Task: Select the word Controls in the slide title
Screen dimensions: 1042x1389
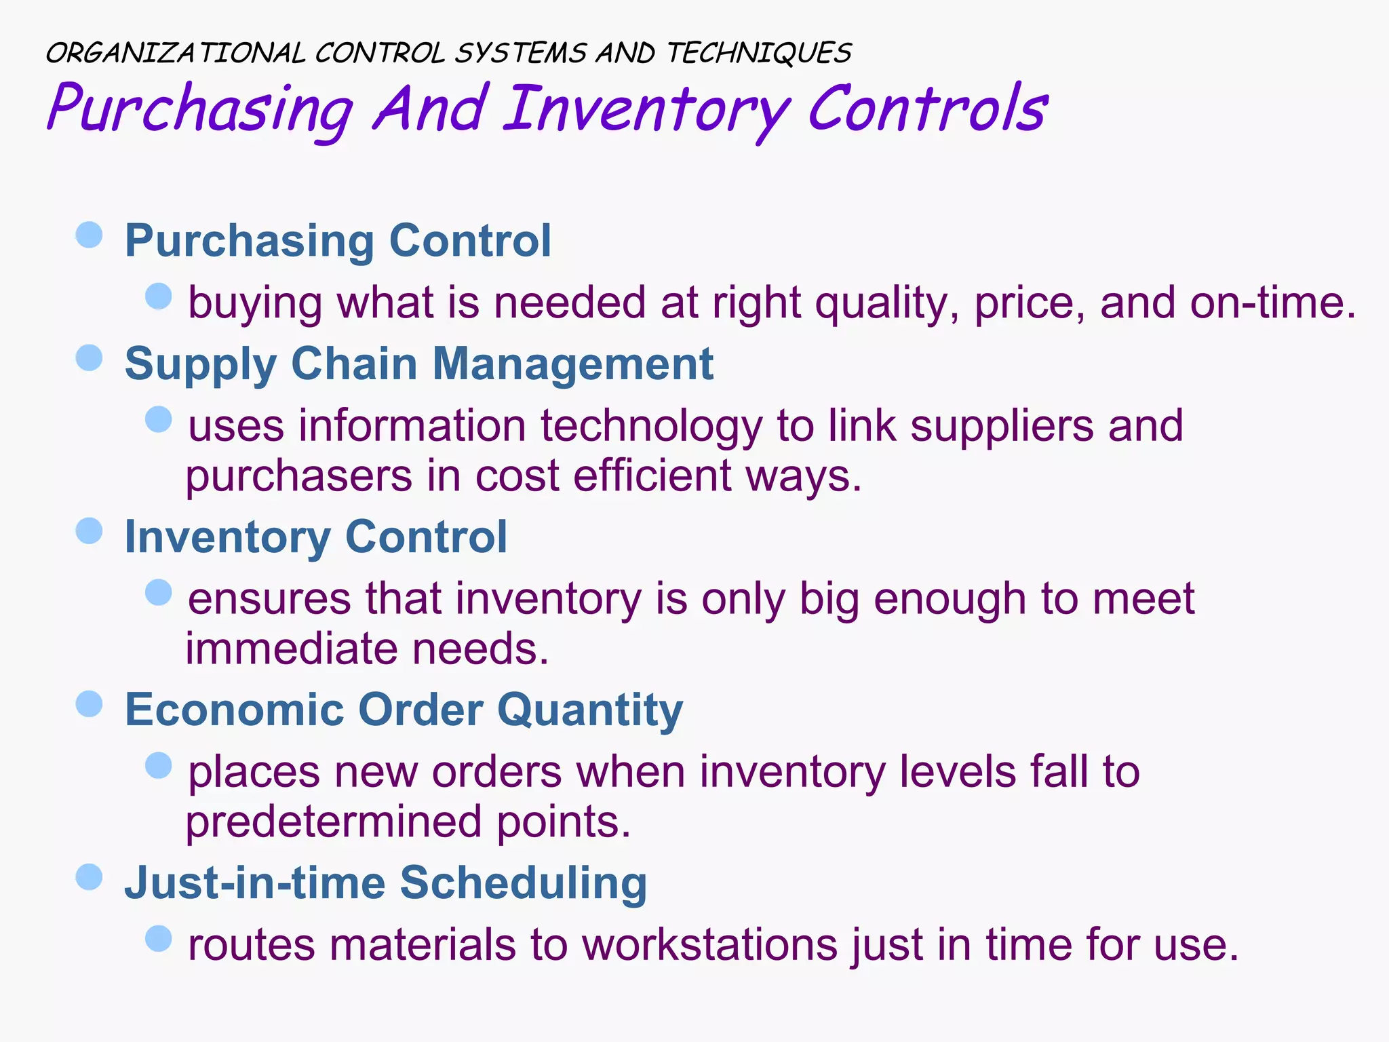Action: [928, 109]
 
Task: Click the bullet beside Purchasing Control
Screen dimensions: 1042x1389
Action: [89, 235]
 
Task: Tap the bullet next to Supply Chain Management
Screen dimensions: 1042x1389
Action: [89, 358]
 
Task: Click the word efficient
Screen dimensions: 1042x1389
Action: [652, 476]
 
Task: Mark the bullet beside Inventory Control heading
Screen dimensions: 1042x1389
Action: [89, 530]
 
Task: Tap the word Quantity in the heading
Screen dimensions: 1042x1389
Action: [589, 710]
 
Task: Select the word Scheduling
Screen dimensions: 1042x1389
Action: [523, 883]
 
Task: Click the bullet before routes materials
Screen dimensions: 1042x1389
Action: [159, 939]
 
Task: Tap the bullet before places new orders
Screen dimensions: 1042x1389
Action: [159, 766]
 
